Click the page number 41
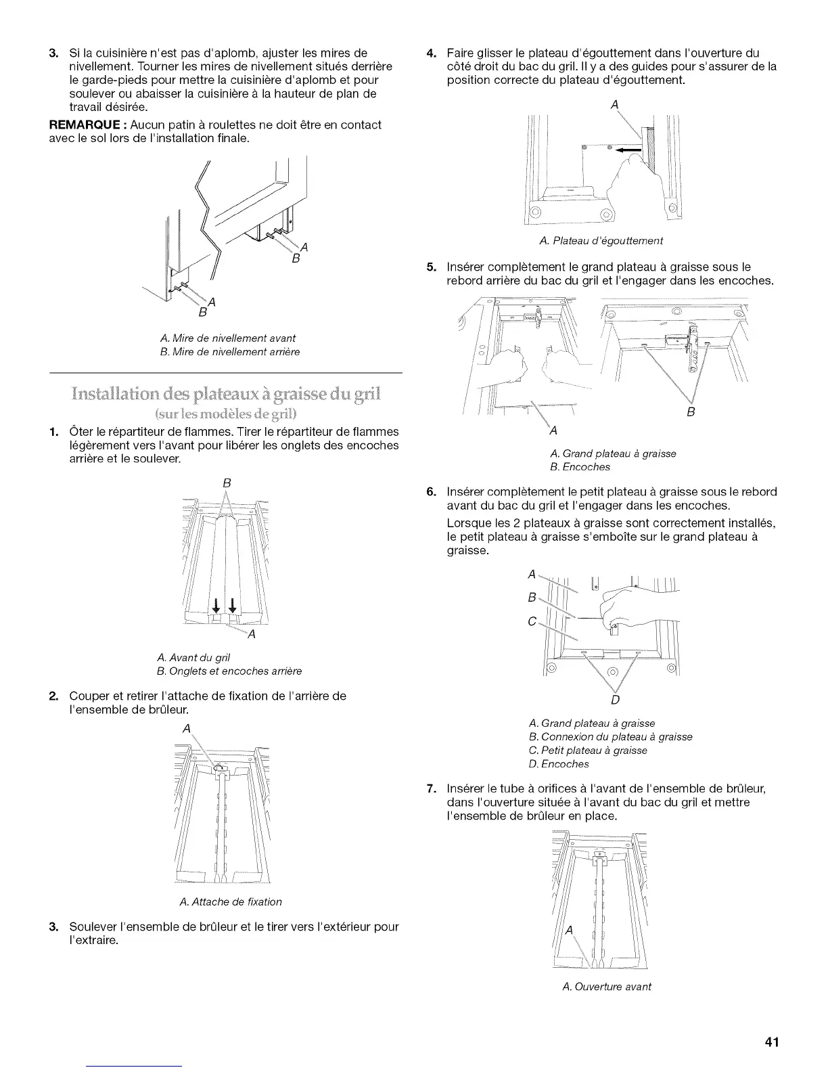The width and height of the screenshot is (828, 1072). click(x=773, y=1042)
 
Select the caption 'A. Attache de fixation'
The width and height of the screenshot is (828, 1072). click(x=231, y=901)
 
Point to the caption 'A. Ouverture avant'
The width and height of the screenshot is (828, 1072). click(x=607, y=986)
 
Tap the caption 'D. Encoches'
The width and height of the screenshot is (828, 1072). click(x=558, y=764)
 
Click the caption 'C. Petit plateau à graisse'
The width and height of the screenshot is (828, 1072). click(x=587, y=750)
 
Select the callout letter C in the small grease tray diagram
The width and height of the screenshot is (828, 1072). click(x=532, y=621)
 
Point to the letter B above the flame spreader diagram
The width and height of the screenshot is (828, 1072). click(x=227, y=483)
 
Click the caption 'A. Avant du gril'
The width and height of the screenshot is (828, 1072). click(x=193, y=657)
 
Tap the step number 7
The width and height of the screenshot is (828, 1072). click(x=430, y=788)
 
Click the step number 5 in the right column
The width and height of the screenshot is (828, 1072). click(x=430, y=267)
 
